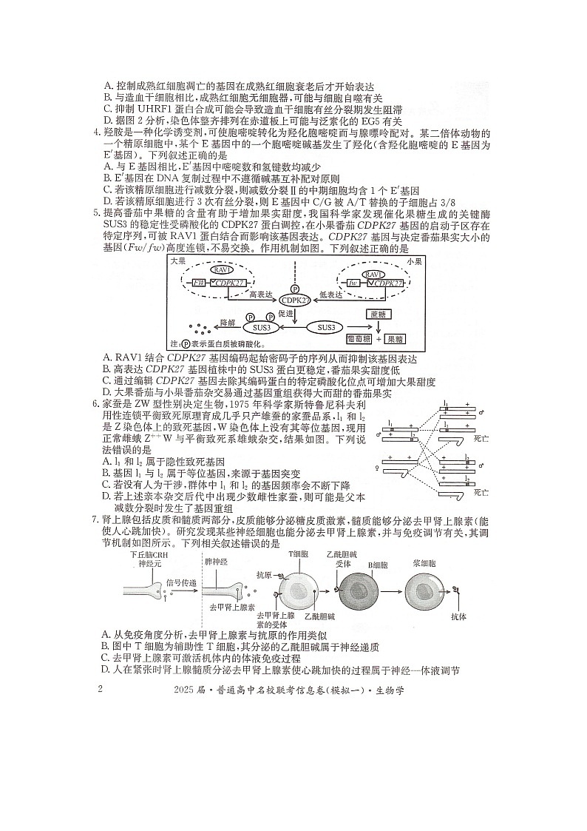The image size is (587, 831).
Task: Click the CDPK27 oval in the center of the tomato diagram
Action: pyautogui.click(x=293, y=301)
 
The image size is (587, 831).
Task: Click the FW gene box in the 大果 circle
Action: pyautogui.click(x=199, y=283)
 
